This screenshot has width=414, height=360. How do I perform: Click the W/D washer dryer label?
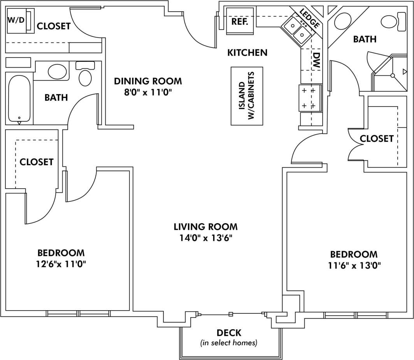(x=16, y=20)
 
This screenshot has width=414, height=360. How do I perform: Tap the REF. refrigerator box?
(x=240, y=21)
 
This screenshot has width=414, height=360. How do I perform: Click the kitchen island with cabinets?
(x=247, y=96)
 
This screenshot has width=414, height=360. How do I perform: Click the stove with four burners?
(x=310, y=98)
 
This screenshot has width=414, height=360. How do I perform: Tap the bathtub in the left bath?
(x=19, y=98)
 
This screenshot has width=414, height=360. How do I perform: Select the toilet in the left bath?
(x=85, y=74)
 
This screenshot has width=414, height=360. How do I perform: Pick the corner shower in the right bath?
(x=391, y=74)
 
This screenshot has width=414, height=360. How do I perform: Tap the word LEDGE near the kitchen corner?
(x=310, y=18)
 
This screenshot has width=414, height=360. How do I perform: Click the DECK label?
(x=229, y=333)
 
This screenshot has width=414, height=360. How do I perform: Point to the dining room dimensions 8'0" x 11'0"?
(x=147, y=92)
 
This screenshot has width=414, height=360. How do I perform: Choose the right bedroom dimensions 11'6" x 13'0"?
(x=354, y=266)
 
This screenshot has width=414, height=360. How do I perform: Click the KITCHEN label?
(x=247, y=52)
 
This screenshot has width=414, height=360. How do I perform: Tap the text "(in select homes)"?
(x=229, y=343)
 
